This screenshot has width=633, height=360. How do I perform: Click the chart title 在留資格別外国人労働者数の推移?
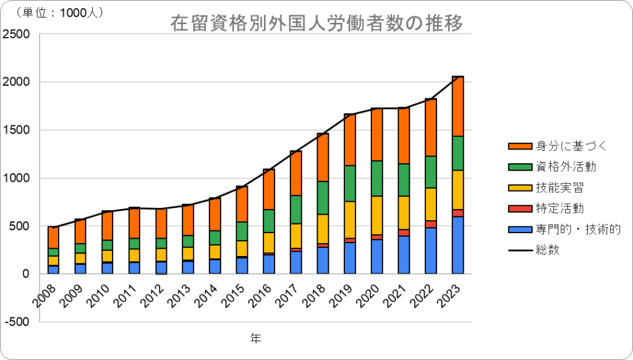(x=316, y=23)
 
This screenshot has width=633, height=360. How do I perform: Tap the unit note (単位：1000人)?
(x=59, y=12)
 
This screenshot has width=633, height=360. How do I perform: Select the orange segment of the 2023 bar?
(x=457, y=106)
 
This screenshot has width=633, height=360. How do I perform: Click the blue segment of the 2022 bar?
(x=431, y=251)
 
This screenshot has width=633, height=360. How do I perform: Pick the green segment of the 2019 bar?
(x=350, y=184)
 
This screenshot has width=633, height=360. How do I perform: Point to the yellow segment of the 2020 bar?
(x=376, y=215)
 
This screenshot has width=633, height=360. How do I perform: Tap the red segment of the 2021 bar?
(x=404, y=233)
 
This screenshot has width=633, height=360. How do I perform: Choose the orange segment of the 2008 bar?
(x=53, y=238)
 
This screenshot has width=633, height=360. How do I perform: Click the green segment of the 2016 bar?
(x=269, y=221)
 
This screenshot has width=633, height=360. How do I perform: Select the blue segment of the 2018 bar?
(x=323, y=260)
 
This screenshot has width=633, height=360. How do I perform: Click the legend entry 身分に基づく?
(x=558, y=146)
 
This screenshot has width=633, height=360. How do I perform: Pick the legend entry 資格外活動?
(x=552, y=166)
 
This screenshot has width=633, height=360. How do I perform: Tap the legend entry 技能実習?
(x=546, y=187)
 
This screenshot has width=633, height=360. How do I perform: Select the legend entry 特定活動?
(x=546, y=208)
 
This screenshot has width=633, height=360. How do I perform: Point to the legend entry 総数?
(x=533, y=250)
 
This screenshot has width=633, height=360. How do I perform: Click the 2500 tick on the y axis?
(x=16, y=34)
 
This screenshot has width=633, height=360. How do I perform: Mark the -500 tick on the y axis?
(x=17, y=322)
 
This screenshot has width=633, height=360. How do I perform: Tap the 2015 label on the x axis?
(x=234, y=296)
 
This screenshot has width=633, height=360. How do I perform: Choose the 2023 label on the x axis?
(x=450, y=296)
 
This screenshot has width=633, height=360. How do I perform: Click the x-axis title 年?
(x=255, y=338)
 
